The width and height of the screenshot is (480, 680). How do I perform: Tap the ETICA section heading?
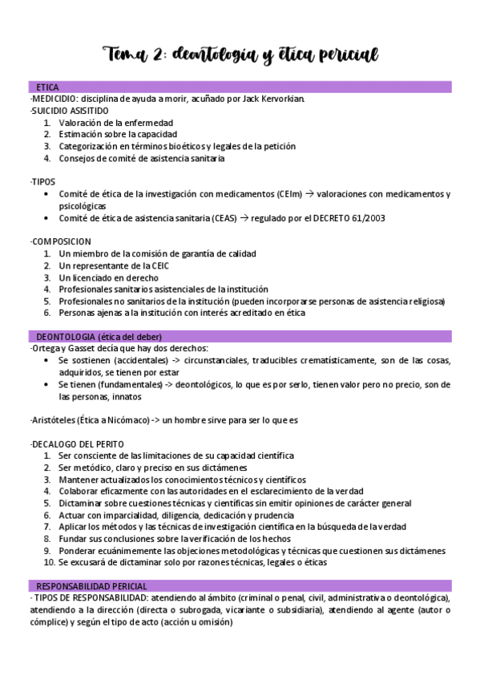(x=46, y=87)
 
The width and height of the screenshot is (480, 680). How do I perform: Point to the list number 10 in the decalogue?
(x=49, y=563)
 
